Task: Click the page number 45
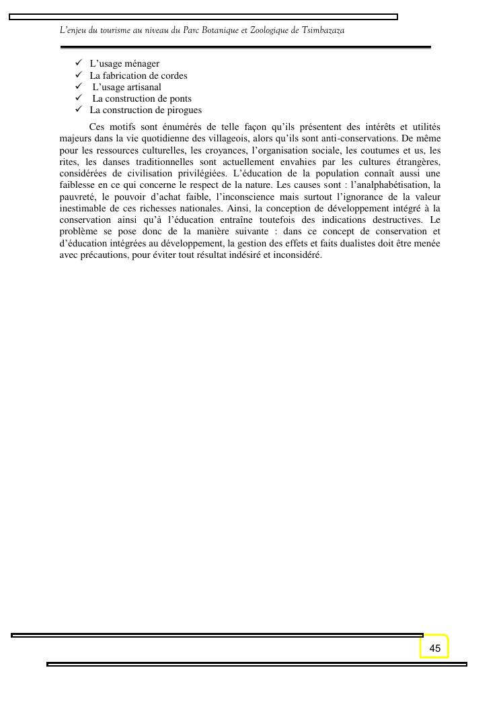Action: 434,648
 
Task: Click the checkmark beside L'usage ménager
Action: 79,63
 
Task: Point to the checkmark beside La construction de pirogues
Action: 79,109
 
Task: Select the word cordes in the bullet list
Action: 174,75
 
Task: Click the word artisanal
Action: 143,87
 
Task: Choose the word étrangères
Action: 415,162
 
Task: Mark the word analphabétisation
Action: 389,184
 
